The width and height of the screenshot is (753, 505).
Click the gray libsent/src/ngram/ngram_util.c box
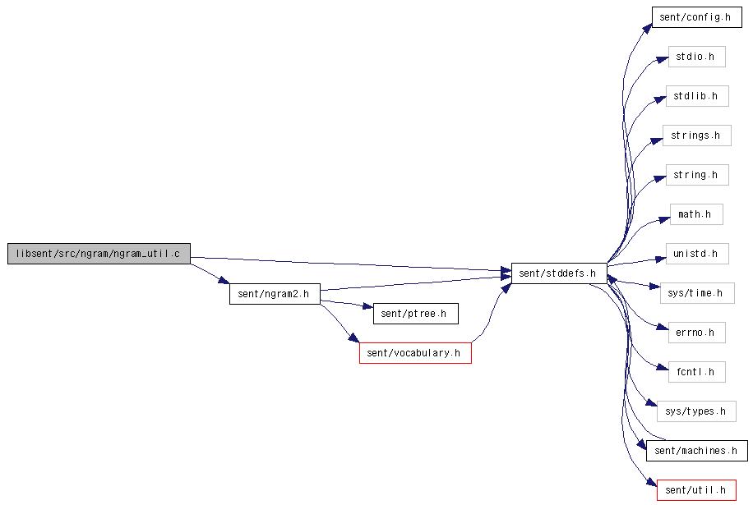click(99, 254)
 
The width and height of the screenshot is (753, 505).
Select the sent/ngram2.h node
click(275, 293)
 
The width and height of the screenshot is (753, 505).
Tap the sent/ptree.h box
click(416, 314)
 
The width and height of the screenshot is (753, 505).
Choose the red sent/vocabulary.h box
click(415, 353)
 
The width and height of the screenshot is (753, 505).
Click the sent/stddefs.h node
click(559, 273)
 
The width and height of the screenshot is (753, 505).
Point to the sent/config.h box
click(697, 17)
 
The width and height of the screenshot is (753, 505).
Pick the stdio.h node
click(697, 57)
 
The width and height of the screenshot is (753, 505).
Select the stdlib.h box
click(697, 96)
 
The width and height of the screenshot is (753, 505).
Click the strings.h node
click(697, 135)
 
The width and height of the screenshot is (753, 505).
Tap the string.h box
click(697, 175)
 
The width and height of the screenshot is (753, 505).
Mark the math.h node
click(696, 214)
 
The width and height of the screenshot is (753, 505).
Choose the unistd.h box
click(697, 254)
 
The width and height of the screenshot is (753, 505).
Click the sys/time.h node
click(697, 293)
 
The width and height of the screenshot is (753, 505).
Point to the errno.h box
click(697, 333)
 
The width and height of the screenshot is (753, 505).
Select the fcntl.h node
click(697, 372)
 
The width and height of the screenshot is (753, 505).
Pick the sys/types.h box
click(696, 411)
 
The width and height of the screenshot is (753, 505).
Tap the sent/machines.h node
click(697, 451)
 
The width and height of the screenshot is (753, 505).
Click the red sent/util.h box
click(696, 490)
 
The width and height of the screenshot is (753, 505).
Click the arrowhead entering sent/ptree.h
click(367, 306)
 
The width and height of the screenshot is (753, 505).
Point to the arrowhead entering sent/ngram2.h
click(224, 280)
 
